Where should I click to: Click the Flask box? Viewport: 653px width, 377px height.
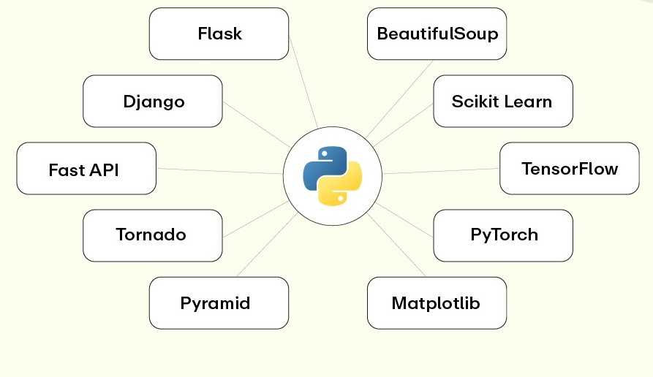[x=219, y=34]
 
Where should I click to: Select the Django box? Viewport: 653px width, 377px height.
[x=152, y=101]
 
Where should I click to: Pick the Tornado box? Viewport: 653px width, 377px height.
[x=152, y=235]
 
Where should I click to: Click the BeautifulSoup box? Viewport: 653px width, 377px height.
[x=437, y=34]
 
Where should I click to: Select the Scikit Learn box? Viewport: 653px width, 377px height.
[x=502, y=101]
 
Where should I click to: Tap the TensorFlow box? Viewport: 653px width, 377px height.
[x=569, y=169]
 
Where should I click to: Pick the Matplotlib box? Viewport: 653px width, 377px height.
[x=437, y=302]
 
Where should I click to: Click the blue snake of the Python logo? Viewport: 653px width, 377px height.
[x=323, y=164]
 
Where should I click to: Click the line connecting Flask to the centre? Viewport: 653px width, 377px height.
[x=303, y=83]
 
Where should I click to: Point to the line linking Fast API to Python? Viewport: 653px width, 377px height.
[x=219, y=171]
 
